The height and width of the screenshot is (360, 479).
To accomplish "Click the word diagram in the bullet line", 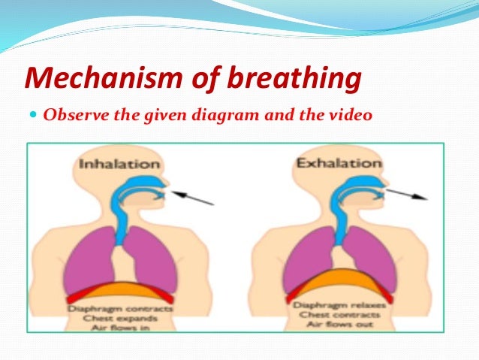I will click(245, 117).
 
